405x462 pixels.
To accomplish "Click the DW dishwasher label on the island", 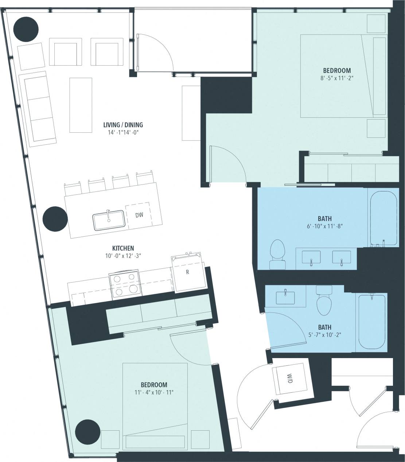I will (139, 215).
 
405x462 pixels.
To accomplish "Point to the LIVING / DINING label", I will (123, 125).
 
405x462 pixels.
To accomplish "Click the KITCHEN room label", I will (123, 248).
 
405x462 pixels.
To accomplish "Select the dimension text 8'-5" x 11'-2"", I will (336, 78).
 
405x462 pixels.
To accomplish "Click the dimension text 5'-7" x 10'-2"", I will (324, 334).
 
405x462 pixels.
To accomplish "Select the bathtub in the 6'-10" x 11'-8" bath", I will (383, 218).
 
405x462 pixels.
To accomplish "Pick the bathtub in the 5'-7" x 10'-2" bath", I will (371, 321).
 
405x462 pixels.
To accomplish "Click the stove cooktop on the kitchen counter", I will (124, 284).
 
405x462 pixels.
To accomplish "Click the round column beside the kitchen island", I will (55, 219).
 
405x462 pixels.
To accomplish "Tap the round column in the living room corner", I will (26, 29).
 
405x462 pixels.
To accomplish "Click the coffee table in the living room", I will (81, 105).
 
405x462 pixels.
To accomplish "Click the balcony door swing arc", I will (160, 47).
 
